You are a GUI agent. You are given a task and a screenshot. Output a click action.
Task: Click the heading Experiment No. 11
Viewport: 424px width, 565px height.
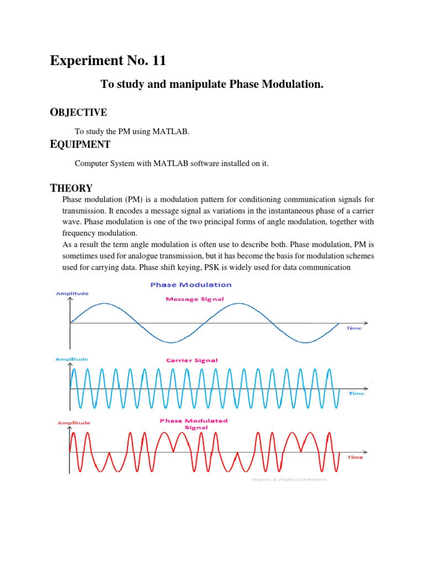coord(108,61)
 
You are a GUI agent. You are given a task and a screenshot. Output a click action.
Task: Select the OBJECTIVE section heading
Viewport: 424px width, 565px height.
coord(78,113)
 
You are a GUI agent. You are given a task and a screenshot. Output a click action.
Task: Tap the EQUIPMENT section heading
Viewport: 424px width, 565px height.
coord(80,145)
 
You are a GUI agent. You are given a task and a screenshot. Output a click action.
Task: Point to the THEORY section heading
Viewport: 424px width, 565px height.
coord(71,188)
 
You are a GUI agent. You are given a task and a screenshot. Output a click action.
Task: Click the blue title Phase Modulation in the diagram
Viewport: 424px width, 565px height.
coord(191,285)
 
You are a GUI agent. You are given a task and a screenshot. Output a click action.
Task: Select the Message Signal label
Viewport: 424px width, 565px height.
coord(195,299)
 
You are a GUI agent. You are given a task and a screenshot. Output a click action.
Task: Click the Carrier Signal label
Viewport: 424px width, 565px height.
coord(192,360)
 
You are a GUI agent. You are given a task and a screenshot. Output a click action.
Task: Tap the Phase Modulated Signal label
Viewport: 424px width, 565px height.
coord(193,424)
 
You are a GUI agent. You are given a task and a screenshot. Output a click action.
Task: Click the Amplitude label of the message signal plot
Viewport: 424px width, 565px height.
coord(72,294)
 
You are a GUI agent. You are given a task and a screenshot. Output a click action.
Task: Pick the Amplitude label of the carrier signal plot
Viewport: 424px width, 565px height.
coord(72,359)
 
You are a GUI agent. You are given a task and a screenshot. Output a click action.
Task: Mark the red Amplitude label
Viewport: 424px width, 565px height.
coord(73,423)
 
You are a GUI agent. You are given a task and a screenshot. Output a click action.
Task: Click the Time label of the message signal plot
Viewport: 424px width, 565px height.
coord(354,328)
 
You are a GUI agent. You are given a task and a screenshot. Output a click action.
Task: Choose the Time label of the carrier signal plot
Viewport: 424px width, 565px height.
coord(356,393)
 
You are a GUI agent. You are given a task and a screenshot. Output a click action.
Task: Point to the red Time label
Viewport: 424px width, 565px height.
coord(355,457)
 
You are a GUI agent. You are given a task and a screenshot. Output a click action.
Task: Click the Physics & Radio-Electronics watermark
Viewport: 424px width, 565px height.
coord(289,479)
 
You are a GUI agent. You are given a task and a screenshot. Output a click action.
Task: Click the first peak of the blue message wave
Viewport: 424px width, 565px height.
coord(104,303)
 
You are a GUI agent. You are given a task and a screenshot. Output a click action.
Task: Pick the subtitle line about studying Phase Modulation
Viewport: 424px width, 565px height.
coord(211,84)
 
